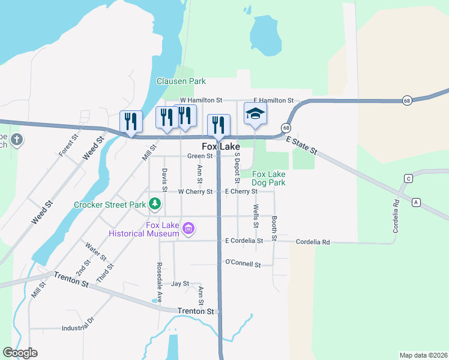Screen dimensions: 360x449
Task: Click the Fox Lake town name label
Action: (x=220, y=146)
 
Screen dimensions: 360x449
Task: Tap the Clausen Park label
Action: (x=181, y=81)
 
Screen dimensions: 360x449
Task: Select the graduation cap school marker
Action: (x=255, y=113)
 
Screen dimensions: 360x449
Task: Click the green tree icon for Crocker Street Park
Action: (x=155, y=204)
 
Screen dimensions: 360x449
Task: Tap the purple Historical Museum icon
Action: (x=188, y=229)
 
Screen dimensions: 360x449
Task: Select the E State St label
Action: (x=302, y=145)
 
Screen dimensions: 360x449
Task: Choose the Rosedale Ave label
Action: (x=160, y=278)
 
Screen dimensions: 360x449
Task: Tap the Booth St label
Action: (x=274, y=229)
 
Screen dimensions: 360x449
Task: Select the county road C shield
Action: (x=409, y=178)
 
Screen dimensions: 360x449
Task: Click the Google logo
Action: (x=20, y=353)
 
